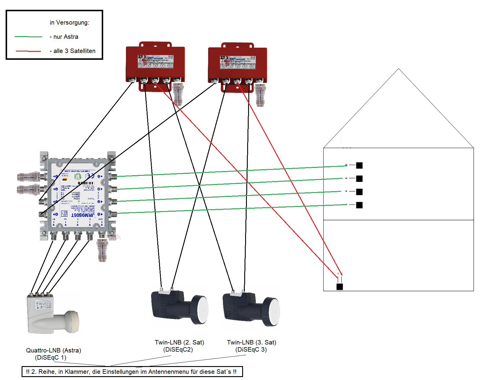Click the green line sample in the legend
coord(28,37)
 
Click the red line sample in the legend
coord(28,51)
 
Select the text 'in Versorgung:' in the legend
coord(69,22)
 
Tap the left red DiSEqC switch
coord(155,64)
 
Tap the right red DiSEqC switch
coord(237,65)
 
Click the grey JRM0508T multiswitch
coord(77,195)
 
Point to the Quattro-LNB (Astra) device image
coord(53,314)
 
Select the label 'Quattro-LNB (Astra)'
coord(54,350)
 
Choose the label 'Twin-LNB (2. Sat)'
coord(179,342)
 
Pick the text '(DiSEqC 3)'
coord(251,350)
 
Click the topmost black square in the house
coord(359,165)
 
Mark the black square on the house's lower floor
coord(340,286)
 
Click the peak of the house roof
coord(398,69)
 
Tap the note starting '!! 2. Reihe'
coord(132,372)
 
